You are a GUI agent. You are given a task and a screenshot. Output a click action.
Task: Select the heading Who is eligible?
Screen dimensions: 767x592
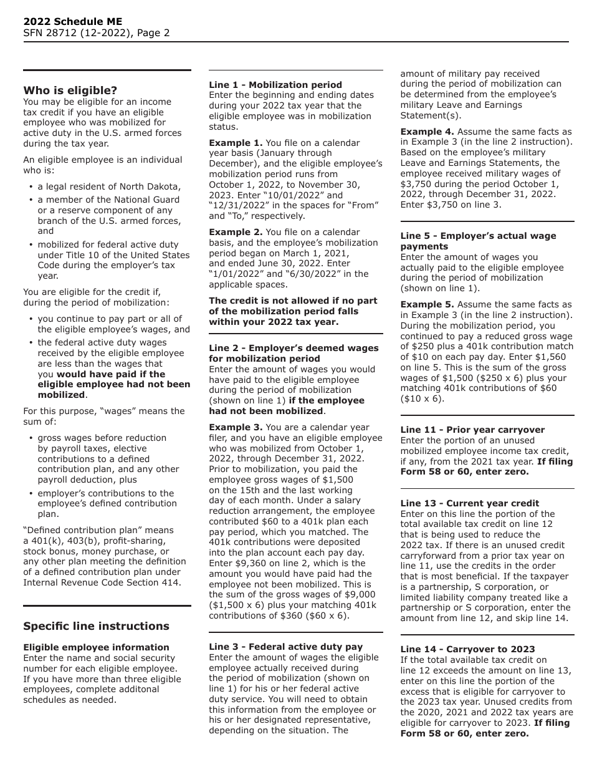tap(70, 90)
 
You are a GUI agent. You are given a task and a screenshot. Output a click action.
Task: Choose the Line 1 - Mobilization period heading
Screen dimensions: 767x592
tap(275, 85)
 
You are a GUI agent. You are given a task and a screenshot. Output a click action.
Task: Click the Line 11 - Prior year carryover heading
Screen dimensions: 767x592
tap(472, 430)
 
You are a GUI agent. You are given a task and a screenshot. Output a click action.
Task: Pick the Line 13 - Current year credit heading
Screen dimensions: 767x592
tap(469, 503)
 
